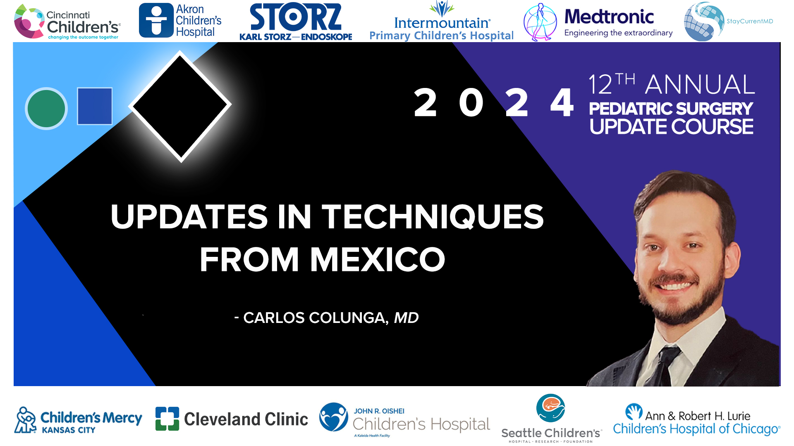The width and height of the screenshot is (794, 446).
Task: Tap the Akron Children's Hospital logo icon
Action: pos(156,21)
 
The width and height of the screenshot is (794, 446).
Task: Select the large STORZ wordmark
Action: pos(296,17)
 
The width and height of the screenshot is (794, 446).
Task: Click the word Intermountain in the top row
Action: pos(442,23)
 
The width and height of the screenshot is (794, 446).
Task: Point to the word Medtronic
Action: pos(609,17)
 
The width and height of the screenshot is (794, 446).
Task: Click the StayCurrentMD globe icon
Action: pos(703,21)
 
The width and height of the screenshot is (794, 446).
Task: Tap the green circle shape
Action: pos(46,109)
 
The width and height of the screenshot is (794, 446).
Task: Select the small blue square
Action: pos(95,106)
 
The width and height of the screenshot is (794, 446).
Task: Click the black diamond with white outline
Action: pos(180,106)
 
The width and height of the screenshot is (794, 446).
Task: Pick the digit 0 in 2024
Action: pos(471,103)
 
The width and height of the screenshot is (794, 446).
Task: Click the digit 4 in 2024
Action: pos(562,103)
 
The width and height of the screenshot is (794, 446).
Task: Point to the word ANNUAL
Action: pos(700,85)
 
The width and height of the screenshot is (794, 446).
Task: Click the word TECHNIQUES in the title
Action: pos(433,217)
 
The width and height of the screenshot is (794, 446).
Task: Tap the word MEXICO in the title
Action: pos(378,260)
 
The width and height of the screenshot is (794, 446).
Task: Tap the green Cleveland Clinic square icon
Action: pos(167,419)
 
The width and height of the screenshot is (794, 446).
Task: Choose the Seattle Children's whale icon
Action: pos(550,408)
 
